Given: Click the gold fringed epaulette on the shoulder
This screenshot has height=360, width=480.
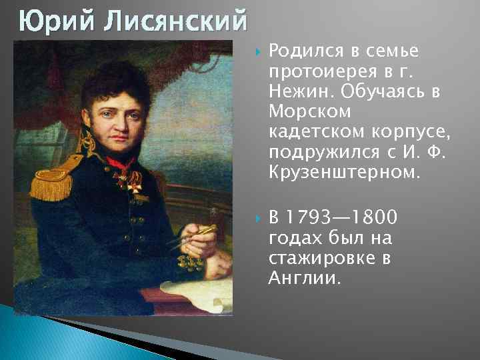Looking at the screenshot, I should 49,175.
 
